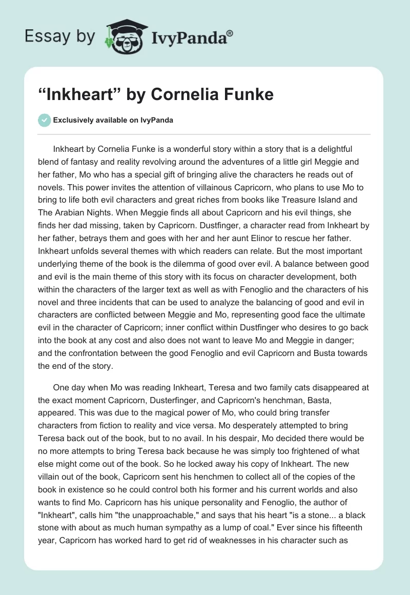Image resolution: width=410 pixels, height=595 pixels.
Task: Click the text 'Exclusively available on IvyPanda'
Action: click(113, 120)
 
